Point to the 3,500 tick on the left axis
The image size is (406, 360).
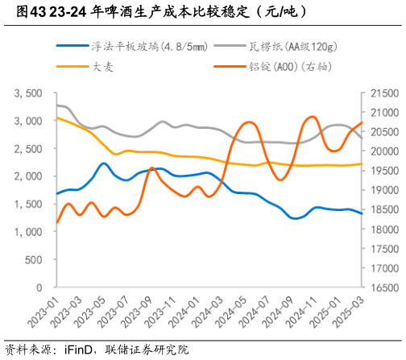tap(28, 93)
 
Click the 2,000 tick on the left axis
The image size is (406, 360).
tap(28, 176)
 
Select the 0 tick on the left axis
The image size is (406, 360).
tap(39, 287)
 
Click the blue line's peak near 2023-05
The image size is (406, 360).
tap(104, 163)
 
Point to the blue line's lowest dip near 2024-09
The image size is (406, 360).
tap(295, 218)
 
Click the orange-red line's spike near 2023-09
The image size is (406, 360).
tap(151, 168)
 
